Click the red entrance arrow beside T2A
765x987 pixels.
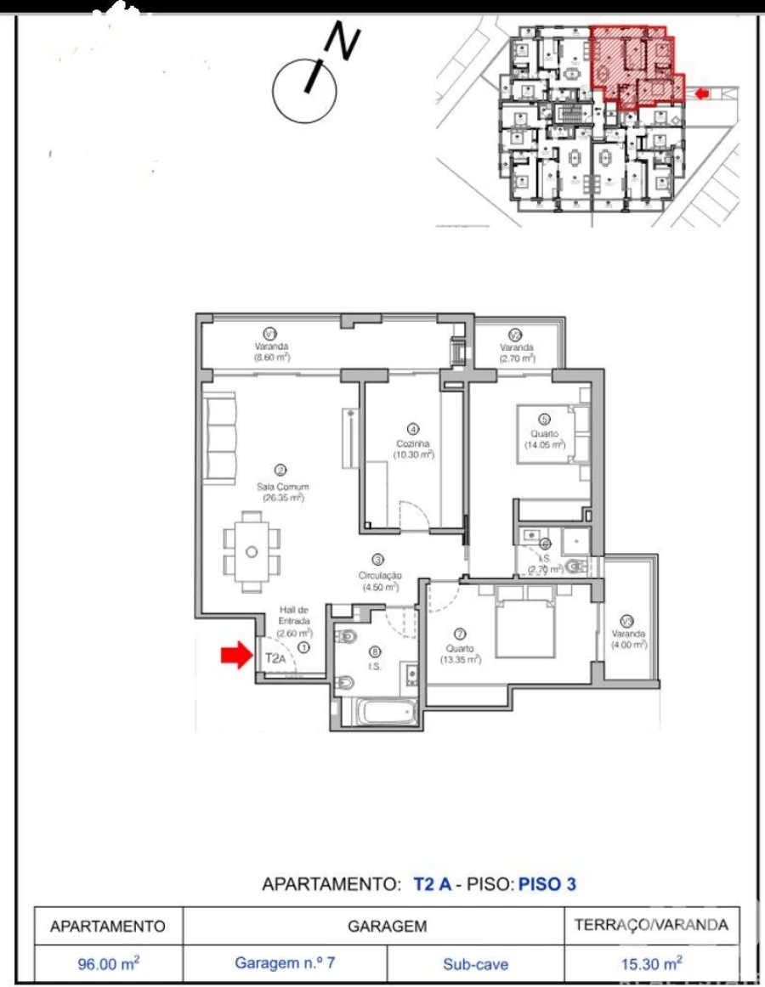[x=237, y=655]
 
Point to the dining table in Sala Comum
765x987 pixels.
[x=252, y=551]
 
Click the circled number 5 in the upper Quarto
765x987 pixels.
[x=545, y=418]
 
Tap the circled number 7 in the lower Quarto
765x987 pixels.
[x=460, y=633]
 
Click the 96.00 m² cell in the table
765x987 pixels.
[x=108, y=964]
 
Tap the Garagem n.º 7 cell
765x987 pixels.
[x=284, y=964]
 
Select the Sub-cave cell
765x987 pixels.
[x=475, y=964]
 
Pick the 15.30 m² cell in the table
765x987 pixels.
[x=651, y=964]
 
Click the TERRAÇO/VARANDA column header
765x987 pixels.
[x=651, y=925]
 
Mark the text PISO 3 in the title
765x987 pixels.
[x=547, y=883]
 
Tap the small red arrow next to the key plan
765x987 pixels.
[x=701, y=93]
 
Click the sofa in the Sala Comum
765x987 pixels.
[x=220, y=438]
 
